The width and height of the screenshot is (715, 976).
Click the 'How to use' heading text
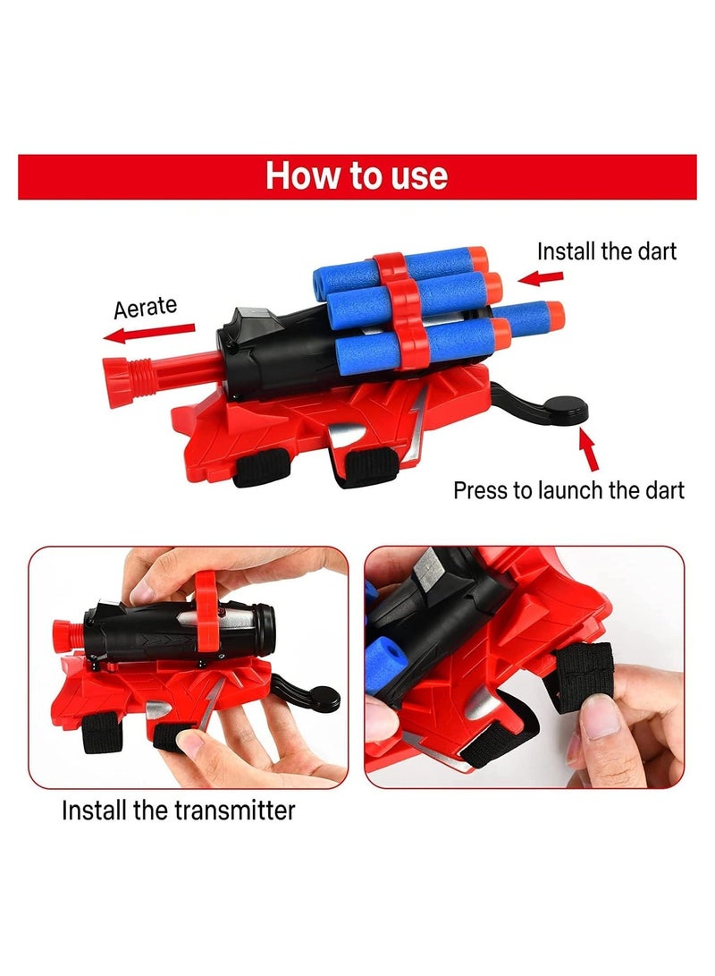[357, 176]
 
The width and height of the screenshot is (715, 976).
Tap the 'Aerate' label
[146, 307]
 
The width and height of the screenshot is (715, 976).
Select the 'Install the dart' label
[607, 251]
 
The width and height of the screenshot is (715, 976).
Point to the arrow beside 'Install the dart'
[541, 277]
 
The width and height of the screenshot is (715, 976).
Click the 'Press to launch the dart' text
[569, 490]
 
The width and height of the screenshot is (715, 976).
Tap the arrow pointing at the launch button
[589, 449]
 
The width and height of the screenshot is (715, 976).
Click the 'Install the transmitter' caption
[179, 811]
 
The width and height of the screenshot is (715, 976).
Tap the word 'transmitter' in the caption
[235, 811]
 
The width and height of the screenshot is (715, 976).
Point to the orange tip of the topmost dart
[478, 259]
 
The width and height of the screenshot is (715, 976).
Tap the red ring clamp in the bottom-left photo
[206, 610]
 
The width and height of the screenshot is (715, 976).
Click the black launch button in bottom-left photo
[324, 699]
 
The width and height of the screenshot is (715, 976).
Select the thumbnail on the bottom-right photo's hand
[600, 716]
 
